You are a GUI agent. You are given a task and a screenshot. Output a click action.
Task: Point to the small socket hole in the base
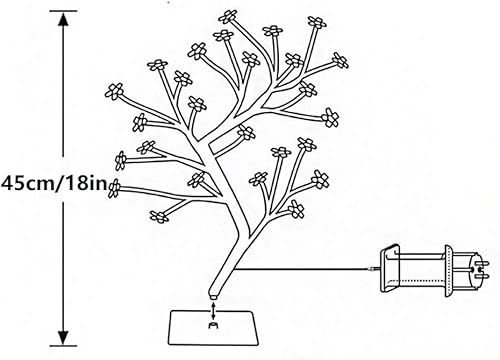point(213,324)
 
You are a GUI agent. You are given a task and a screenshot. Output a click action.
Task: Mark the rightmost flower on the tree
point(329,116)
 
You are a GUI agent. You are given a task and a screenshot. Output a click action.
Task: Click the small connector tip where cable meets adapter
point(375,268)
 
